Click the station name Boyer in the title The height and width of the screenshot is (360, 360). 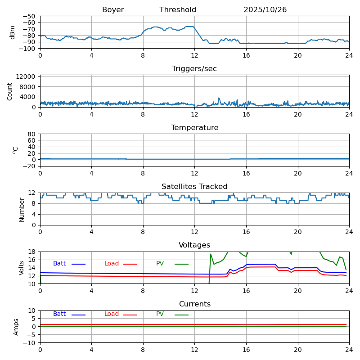pos(113,10)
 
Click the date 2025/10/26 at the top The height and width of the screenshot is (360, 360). pos(265,10)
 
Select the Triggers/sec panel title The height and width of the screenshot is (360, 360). pos(194,69)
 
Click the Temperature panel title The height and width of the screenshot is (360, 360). pos(194,128)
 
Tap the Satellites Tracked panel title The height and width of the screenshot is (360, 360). pos(194,187)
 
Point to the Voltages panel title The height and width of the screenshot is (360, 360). pos(194,245)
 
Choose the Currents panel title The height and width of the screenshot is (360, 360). pos(194,304)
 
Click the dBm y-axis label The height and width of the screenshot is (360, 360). pos(13,32)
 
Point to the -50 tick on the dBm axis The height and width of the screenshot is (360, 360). pos(30,16)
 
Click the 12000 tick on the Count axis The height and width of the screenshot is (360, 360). pos(27,76)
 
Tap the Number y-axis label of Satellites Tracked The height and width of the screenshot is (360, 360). pos(22,209)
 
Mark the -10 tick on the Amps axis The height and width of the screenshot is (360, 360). pos(30,343)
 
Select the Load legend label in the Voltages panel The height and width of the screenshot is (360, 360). pos(112,264)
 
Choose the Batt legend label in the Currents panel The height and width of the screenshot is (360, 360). pos(59,314)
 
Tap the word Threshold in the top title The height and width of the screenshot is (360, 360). pos(178,10)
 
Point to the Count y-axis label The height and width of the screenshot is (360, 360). pos(10,91)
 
